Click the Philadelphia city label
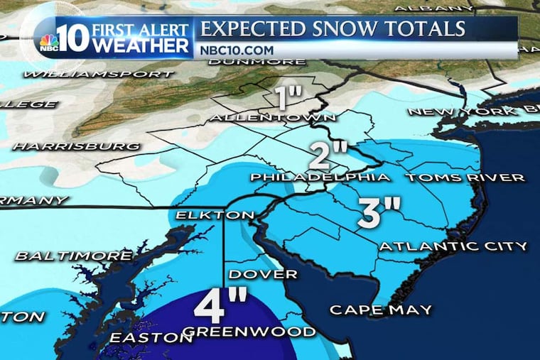point(318,177)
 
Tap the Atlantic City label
point(453,246)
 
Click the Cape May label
point(380,309)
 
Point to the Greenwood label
point(249,332)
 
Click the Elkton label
point(215,215)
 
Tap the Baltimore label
point(73,255)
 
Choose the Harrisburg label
point(76,146)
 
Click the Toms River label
point(465,177)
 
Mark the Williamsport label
point(98,73)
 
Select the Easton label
point(150,338)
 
